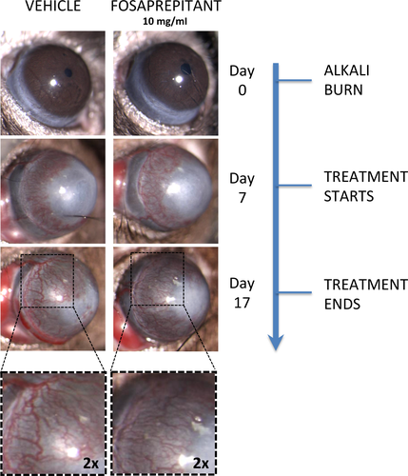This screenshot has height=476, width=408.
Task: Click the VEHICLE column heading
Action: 53,7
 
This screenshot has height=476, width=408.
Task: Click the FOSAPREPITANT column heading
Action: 165,7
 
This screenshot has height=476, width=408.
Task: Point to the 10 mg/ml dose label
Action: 165,22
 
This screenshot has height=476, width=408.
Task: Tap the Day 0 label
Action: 242,81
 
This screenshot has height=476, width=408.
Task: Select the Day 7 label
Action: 242,188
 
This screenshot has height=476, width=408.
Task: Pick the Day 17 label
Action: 242,293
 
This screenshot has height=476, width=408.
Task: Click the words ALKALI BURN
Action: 346,80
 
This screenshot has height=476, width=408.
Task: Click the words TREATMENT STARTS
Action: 365,187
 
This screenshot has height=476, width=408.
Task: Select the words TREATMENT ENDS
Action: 365,294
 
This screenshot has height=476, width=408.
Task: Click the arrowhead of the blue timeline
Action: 276,342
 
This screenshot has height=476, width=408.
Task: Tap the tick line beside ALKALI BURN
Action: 295,81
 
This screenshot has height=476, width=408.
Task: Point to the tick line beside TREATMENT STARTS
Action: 295,186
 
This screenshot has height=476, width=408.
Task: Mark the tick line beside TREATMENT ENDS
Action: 295,292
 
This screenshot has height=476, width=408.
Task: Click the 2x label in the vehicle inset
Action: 91,464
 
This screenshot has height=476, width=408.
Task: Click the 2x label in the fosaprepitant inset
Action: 201,464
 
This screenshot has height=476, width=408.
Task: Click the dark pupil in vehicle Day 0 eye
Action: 68,72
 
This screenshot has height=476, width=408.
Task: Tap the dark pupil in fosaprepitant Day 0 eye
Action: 185,69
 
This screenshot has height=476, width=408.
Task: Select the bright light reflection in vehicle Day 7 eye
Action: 62,190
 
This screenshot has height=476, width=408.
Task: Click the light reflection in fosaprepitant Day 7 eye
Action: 173,189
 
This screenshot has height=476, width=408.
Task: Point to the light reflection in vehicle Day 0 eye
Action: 53,83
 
